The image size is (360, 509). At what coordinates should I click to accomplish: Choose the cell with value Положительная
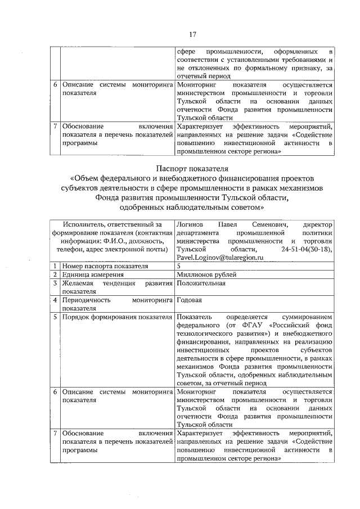point(201,283)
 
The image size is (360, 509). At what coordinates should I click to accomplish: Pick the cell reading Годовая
point(189,300)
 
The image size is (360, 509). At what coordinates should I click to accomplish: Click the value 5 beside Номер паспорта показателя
point(178,265)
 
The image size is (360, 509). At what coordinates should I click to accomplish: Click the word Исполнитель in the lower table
point(83,226)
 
